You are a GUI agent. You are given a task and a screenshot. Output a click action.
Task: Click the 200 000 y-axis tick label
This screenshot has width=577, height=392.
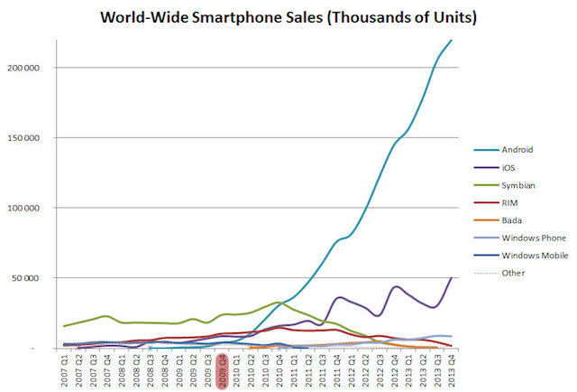point(39,68)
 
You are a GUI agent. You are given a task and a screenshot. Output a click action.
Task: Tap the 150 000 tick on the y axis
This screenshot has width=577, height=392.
point(39,138)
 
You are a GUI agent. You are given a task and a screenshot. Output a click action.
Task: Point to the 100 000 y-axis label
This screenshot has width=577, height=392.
point(39,208)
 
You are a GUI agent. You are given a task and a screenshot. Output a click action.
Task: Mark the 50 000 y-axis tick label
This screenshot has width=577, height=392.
point(41,278)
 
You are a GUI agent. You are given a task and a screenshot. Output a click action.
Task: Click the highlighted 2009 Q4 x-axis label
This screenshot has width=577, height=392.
point(222,370)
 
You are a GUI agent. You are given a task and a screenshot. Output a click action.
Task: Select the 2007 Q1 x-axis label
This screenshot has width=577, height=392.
point(64,370)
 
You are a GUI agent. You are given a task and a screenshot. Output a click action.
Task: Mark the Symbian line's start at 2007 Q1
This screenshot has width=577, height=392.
point(64,326)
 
